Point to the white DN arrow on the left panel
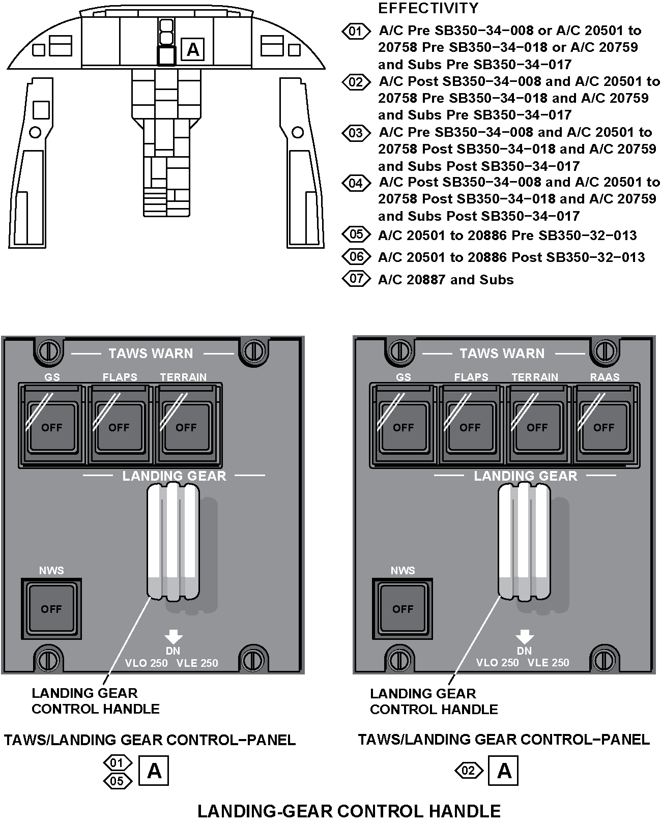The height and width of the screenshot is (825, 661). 173,636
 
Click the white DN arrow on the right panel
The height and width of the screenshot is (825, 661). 524,636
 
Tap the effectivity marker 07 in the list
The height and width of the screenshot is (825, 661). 356,279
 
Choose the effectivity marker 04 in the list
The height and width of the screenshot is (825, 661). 356,183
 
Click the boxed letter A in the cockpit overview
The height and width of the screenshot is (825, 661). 193,50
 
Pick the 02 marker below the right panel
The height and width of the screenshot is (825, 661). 468,771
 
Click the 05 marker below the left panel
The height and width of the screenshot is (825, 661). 117,781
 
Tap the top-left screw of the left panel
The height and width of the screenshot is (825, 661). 49,350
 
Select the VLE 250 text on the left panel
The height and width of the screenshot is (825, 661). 197,663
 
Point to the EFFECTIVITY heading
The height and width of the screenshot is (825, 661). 428,8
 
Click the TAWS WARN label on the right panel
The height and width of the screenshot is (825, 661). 502,353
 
